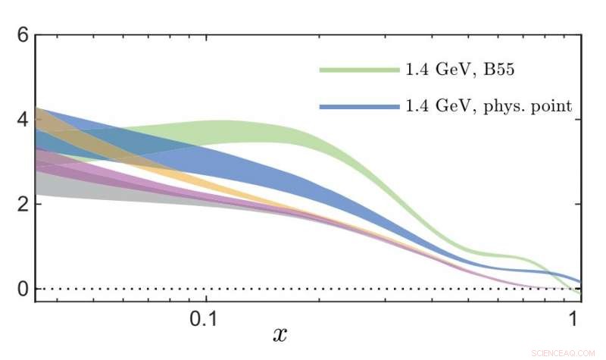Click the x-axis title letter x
coord(280,333)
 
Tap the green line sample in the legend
coord(359,70)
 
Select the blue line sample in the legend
coord(359,107)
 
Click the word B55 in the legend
coord(499,70)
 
